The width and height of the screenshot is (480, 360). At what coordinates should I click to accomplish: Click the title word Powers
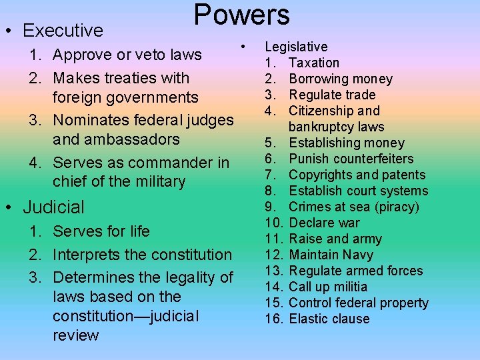[241, 15]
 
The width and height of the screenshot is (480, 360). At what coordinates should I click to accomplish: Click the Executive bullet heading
[63, 31]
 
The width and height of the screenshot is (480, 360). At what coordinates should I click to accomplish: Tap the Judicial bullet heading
[54, 207]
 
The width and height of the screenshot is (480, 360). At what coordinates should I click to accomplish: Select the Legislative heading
[296, 47]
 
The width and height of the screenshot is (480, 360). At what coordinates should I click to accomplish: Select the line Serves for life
[101, 231]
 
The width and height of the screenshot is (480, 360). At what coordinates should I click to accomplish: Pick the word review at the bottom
[75, 335]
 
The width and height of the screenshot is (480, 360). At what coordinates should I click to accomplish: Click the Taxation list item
[314, 63]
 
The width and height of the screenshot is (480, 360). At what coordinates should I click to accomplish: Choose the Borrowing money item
[341, 79]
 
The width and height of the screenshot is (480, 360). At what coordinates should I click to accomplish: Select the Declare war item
[324, 223]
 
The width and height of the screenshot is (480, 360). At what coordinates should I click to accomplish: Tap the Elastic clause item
[329, 319]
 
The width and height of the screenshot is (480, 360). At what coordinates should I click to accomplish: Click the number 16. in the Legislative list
[274, 319]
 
